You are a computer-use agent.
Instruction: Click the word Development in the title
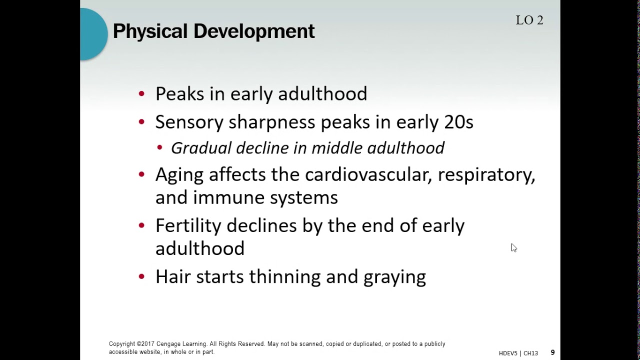click(x=254, y=31)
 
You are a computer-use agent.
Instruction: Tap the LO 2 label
click(x=529, y=20)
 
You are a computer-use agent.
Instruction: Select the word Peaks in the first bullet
click(x=179, y=94)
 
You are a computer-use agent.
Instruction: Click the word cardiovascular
click(x=368, y=174)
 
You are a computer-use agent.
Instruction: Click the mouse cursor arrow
click(x=513, y=247)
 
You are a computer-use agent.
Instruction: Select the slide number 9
click(x=552, y=352)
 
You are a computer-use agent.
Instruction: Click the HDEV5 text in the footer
click(x=508, y=353)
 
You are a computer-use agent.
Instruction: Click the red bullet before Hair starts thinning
click(x=142, y=276)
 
